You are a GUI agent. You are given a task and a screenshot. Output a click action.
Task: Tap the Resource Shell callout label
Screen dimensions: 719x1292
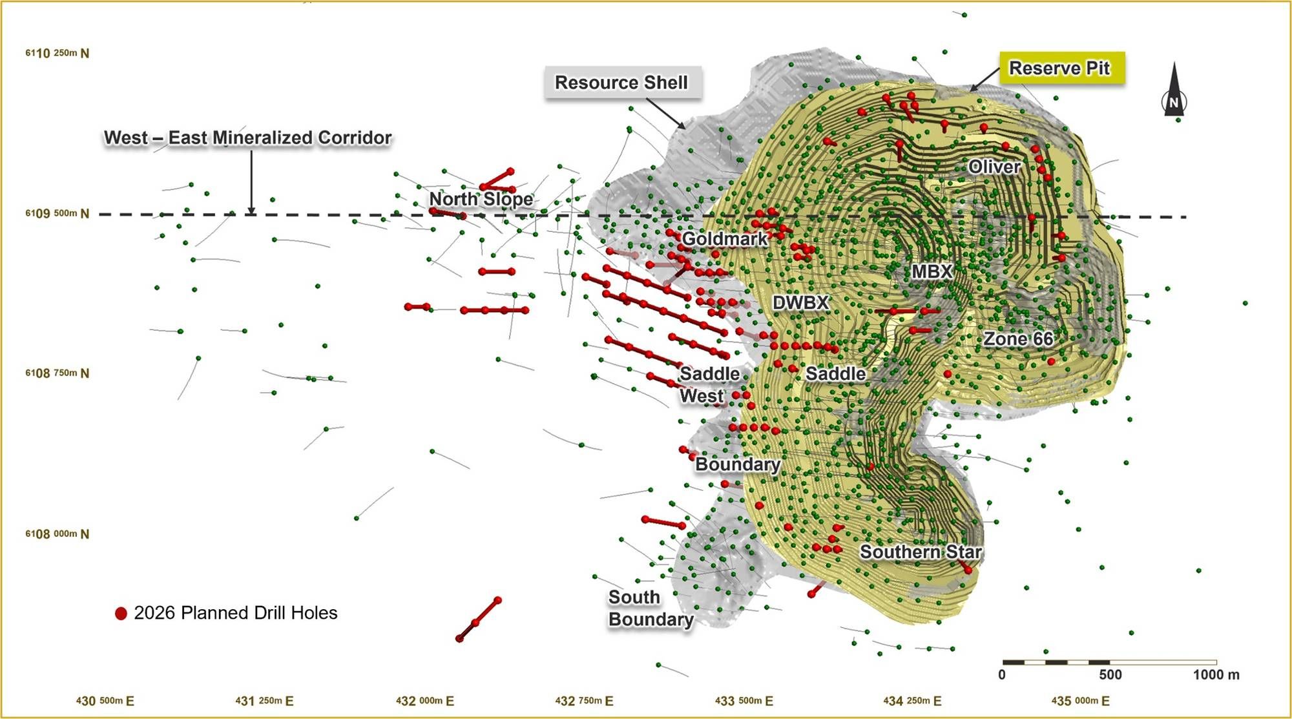tap(621, 83)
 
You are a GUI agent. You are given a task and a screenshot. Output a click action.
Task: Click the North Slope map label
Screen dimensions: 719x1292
tap(481, 199)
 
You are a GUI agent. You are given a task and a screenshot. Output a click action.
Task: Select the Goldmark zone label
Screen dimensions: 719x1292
tap(724, 239)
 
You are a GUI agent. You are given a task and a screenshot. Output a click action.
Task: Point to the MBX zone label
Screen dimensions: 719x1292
tap(932, 271)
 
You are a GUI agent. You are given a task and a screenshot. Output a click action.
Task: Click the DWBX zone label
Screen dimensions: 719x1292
tap(800, 302)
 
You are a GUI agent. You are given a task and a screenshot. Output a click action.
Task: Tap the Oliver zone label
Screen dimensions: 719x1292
tap(995, 167)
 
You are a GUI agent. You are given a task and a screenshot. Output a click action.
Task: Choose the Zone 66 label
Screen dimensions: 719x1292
tap(1018, 339)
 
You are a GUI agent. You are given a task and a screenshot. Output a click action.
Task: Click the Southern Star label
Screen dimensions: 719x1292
tap(921, 552)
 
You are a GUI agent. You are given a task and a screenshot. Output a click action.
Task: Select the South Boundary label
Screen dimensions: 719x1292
tap(651, 608)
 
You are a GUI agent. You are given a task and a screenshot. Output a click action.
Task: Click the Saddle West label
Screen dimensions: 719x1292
tap(709, 384)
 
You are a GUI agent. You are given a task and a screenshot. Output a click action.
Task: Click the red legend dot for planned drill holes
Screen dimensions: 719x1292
tap(121, 613)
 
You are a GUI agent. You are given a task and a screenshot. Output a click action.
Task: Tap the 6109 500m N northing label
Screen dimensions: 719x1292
tap(57, 213)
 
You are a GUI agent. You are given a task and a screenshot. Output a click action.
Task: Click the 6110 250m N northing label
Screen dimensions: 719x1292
tap(57, 53)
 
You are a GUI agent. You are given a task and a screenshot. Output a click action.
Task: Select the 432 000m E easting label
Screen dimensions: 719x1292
tap(424, 701)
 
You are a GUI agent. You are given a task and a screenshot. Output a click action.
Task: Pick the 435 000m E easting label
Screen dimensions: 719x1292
tap(1080, 701)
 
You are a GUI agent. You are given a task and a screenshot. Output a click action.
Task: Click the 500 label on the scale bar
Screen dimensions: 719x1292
tap(1110, 675)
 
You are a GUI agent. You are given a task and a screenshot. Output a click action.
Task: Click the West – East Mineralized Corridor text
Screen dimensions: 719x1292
tap(248, 138)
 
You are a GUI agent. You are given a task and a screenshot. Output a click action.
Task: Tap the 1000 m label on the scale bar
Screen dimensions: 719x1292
tap(1216, 675)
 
